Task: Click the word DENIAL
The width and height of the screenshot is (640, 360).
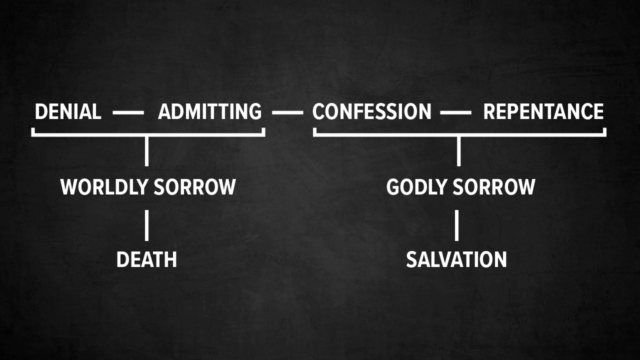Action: tap(67, 111)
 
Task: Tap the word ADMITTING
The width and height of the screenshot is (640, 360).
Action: tap(209, 111)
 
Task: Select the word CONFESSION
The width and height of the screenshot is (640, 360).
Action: tap(371, 111)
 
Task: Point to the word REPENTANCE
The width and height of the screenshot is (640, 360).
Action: tap(543, 111)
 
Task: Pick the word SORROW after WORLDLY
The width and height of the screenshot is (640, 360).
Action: tap(194, 187)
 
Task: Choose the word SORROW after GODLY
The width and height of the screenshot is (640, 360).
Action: tap(495, 187)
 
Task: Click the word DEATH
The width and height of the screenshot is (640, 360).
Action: tap(146, 259)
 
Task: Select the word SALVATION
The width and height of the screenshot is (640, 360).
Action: tap(456, 259)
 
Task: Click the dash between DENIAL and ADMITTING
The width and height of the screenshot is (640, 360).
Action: tap(128, 113)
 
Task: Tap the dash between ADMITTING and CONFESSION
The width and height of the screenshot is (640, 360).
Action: tap(287, 113)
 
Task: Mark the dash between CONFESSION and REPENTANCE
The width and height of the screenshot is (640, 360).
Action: tap(455, 113)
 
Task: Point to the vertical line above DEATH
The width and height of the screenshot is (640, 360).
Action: tap(146, 225)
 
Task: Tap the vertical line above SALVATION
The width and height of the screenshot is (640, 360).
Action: tap(456, 225)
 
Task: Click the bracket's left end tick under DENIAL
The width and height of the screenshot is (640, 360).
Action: tap(33, 131)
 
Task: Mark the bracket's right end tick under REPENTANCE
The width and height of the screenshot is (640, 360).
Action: tap(604, 131)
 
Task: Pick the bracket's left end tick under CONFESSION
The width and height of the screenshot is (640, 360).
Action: tap(315, 131)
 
